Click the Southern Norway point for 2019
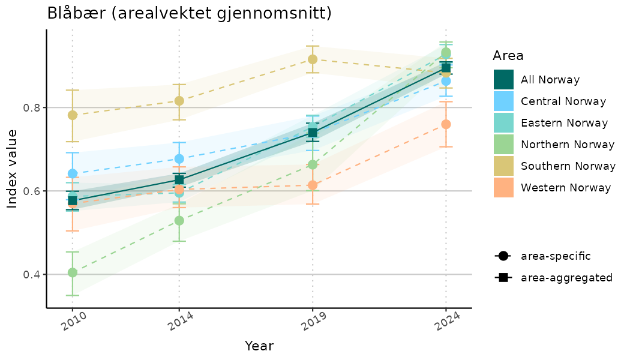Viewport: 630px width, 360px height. (x=313, y=59)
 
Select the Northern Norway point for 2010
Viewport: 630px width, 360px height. (x=73, y=272)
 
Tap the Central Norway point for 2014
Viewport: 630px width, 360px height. (x=179, y=159)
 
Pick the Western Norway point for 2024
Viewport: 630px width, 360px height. (x=446, y=124)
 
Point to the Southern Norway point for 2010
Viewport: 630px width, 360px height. (x=73, y=115)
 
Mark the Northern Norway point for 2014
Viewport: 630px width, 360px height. (x=179, y=221)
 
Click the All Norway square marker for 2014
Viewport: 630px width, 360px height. (x=179, y=180)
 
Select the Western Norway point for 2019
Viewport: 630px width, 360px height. (x=313, y=185)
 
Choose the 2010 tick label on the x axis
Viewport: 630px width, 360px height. (x=72, y=325)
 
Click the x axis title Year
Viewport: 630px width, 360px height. (x=259, y=346)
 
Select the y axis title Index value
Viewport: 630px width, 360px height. (x=13, y=168)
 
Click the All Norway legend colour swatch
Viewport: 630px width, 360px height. (x=503, y=80)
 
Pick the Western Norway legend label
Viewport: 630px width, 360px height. (x=566, y=188)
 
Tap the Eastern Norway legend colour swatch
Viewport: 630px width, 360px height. (x=503, y=123)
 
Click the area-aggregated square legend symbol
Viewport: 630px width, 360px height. (x=503, y=278)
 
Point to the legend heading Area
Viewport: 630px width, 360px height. (x=508, y=56)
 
